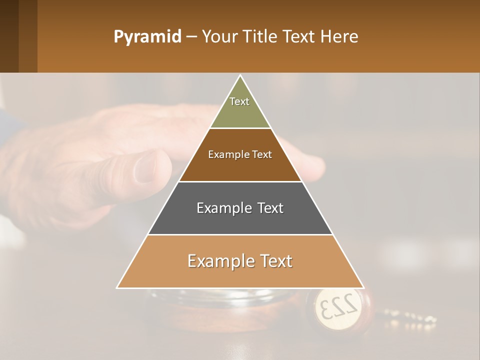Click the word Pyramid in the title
(x=147, y=37)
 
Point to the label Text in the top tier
(x=239, y=101)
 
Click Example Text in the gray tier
(x=240, y=208)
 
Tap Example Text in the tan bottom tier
(x=240, y=261)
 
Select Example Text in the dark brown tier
(x=240, y=154)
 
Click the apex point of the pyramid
(x=240, y=75)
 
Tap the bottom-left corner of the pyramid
(x=117, y=287)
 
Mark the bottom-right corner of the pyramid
(x=363, y=287)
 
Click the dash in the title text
(x=191, y=37)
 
